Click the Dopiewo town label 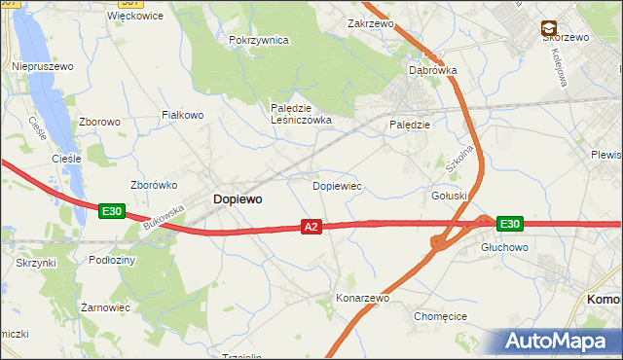237,198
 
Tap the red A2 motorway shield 311,227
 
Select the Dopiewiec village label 337,185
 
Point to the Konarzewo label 362,298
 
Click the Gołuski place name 450,196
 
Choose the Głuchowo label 503,248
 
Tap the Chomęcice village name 441,316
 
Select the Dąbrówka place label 432,70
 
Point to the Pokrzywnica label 259,40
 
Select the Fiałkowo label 182,115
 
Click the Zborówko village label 153,184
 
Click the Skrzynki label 36,264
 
